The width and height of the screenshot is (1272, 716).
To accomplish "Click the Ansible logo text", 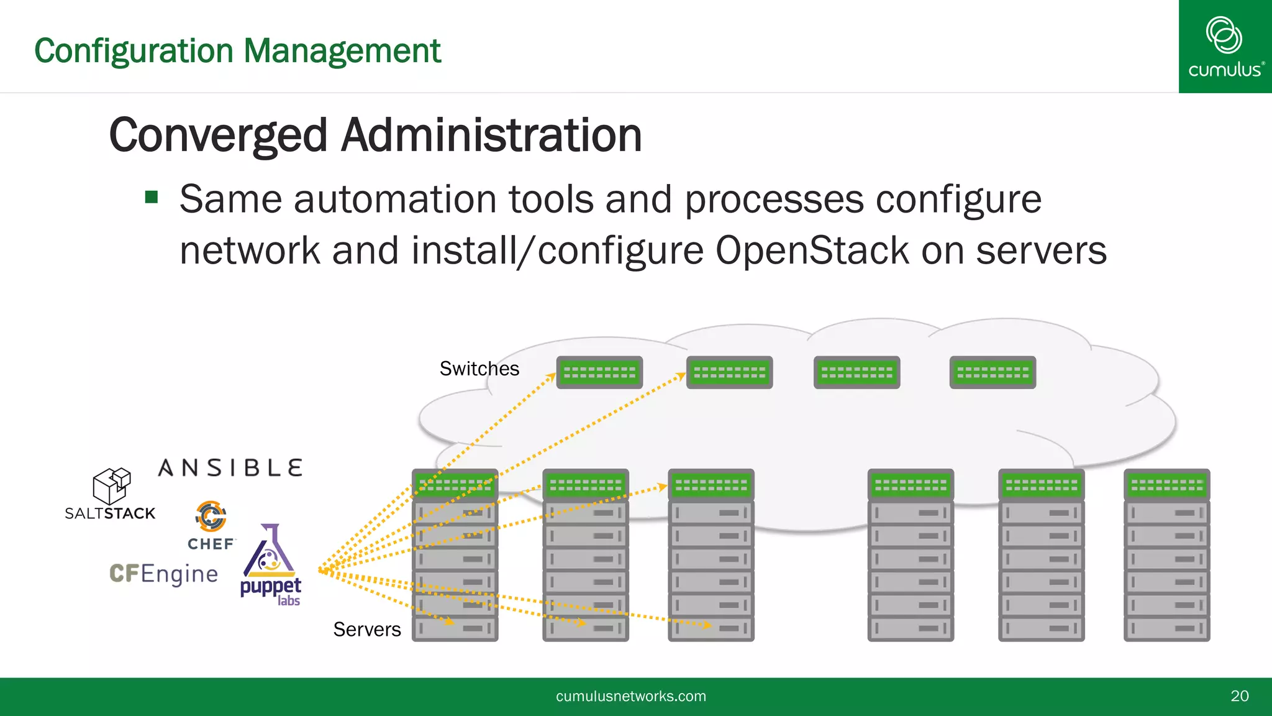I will tap(230, 468).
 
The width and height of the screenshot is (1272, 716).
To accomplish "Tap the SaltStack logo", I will tap(111, 495).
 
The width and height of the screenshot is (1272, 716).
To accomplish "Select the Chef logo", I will tap(211, 526).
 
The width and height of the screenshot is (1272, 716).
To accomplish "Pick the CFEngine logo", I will tap(164, 574).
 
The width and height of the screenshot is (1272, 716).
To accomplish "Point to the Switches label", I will tap(479, 369).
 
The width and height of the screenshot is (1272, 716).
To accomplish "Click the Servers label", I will tap(367, 630).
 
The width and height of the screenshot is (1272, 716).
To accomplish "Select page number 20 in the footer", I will tap(1239, 696).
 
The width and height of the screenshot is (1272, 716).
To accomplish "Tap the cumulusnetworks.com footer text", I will tap(631, 696).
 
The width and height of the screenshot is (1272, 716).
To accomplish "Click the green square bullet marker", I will tap(152, 198).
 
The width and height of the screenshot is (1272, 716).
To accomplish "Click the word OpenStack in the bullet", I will tap(812, 250).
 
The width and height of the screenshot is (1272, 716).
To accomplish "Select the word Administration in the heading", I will tap(491, 135).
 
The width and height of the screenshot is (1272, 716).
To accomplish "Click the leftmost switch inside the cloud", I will tap(599, 372).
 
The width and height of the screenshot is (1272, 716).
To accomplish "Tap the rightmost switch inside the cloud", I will tap(993, 372).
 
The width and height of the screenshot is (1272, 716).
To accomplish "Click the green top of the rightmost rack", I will tap(1166, 485).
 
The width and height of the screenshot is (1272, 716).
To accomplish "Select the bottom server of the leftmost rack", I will tap(455, 628).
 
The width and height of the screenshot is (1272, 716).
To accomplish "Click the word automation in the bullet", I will tap(395, 200).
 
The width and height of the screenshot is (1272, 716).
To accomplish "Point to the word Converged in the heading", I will tap(218, 135).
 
